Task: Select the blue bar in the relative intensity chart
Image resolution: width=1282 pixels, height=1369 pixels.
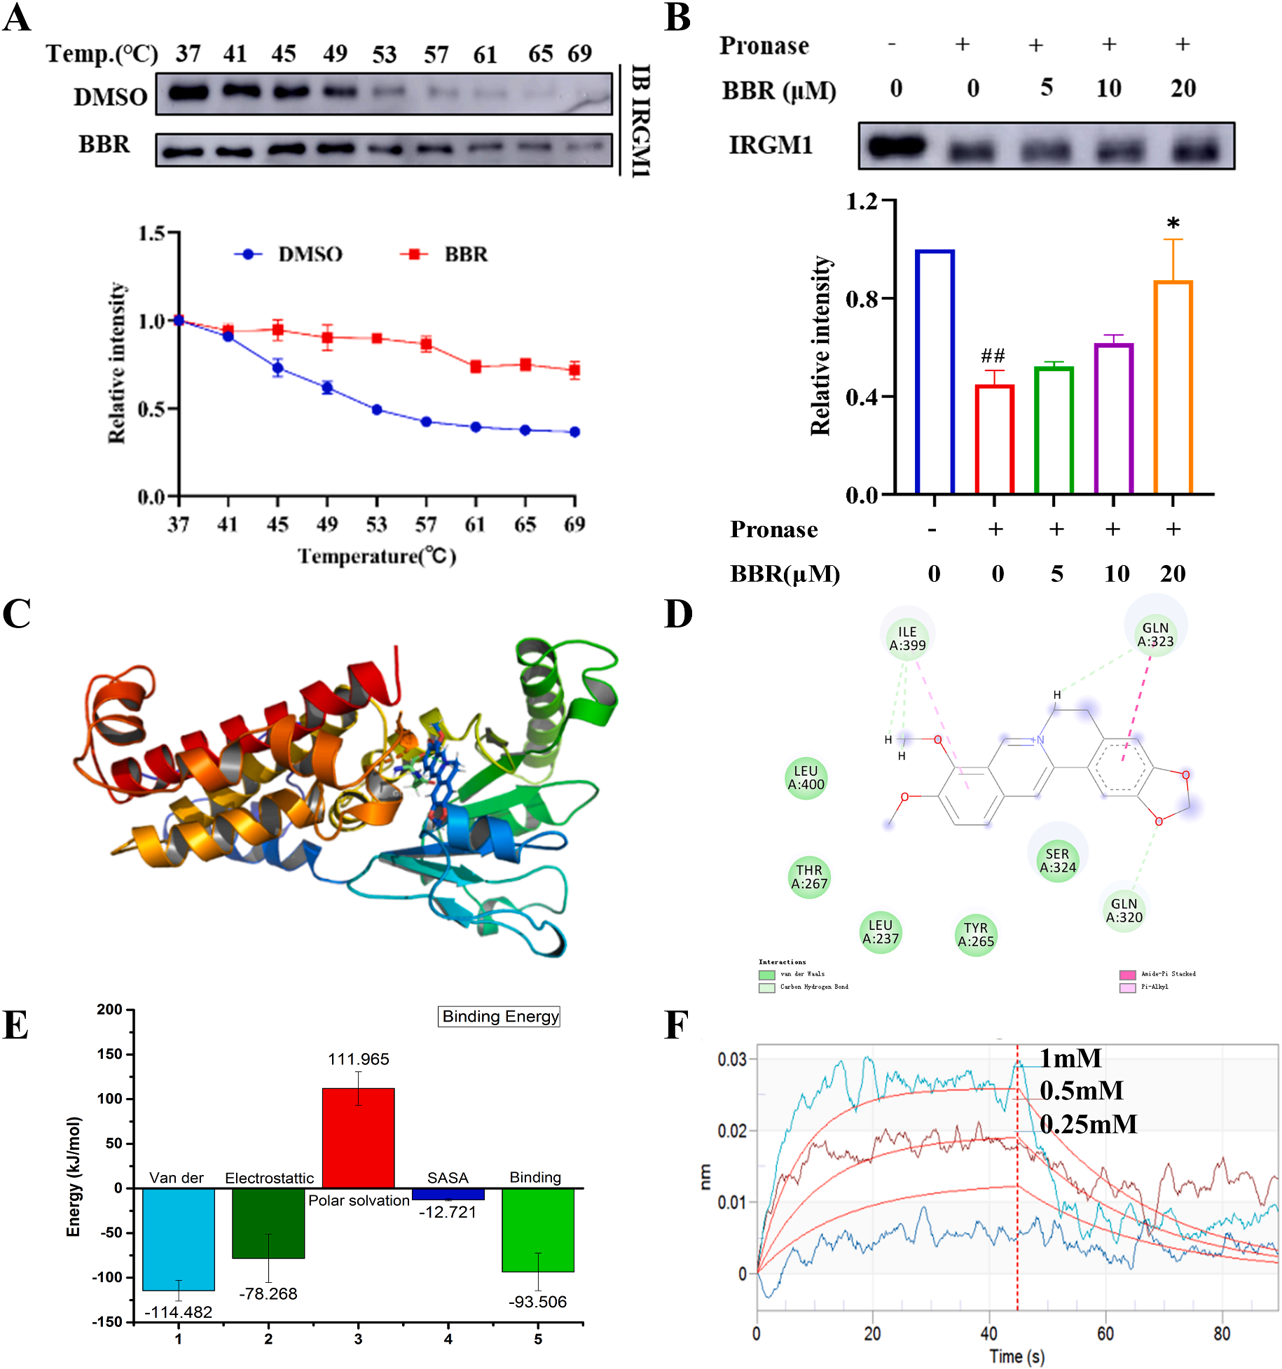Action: pos(935,372)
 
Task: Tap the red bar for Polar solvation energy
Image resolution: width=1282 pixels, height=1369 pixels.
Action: pos(358,1137)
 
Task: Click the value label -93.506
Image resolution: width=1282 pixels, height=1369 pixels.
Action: pos(537,1302)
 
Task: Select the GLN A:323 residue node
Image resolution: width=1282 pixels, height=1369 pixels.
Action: pos(1155,634)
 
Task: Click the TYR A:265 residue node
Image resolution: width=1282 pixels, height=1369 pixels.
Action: pos(976,935)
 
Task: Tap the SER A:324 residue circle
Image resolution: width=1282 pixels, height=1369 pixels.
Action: pos(1057,861)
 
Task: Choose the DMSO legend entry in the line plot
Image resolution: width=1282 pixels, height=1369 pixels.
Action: pos(289,254)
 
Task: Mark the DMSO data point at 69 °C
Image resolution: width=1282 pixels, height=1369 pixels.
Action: pos(574,432)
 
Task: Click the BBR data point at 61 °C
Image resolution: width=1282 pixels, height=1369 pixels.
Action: pos(476,366)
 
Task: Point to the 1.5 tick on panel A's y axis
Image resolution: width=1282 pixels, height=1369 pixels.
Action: pos(151,233)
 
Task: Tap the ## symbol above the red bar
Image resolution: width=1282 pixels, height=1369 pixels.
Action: pos(993,356)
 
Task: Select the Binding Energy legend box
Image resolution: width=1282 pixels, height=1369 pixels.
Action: pos(499,1017)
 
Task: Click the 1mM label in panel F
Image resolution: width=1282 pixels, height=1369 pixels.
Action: pos(1070,1059)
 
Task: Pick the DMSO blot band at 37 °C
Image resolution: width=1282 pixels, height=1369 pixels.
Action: pos(188,92)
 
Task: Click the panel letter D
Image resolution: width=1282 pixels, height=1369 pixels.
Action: pos(678,614)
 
